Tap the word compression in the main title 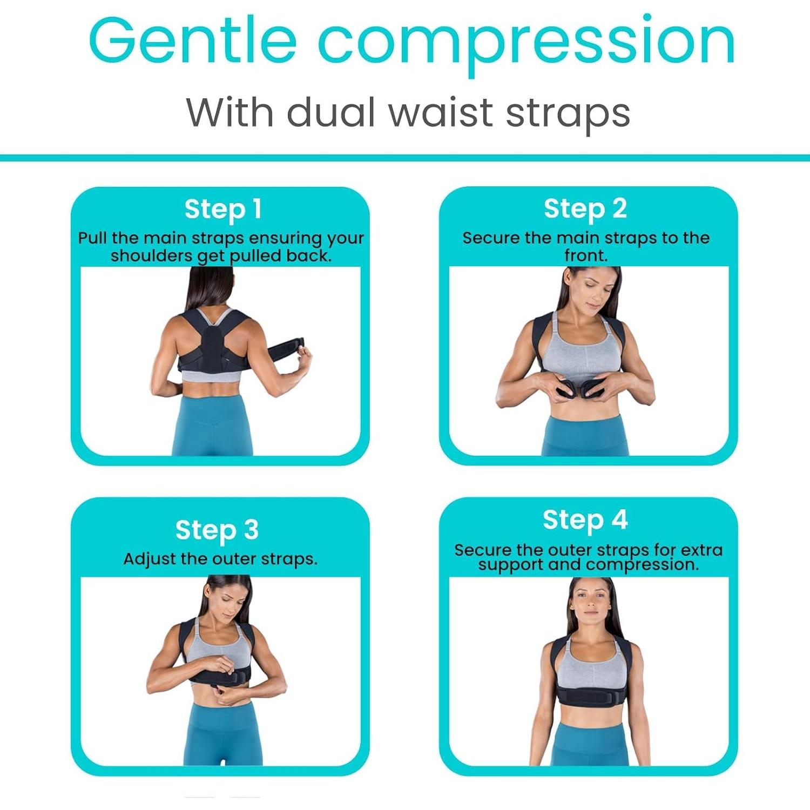click(526, 43)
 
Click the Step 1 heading click(222, 210)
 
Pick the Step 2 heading click(585, 209)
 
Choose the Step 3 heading click(217, 530)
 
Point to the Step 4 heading click(585, 520)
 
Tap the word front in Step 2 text click(585, 255)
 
